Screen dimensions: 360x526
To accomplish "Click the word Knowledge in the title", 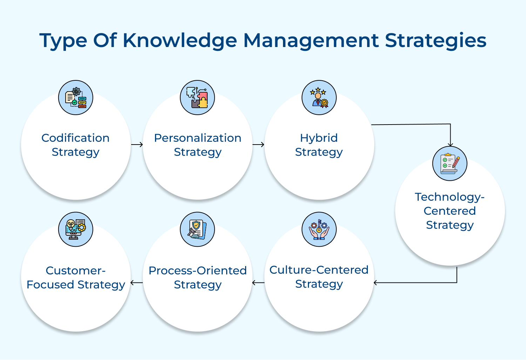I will point(180,40).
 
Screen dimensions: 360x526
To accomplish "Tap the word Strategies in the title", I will point(436,40).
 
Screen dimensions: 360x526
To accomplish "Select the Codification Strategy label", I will point(75,145).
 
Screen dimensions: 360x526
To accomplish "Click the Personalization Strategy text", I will point(198,145).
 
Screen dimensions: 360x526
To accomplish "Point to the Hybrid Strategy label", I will point(319,145).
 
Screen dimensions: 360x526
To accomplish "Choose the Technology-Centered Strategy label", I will point(450,211).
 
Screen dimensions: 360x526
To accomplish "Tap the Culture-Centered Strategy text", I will point(319,277).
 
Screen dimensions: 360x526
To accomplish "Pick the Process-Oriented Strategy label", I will point(198,277).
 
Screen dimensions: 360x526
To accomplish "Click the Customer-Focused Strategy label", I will point(76,277).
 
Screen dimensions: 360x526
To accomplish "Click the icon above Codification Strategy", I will point(76,98).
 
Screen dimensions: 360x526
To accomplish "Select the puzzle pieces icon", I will point(197,98).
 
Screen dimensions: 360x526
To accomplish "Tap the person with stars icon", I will point(319,98).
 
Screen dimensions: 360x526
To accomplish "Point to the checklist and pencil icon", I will point(450,164).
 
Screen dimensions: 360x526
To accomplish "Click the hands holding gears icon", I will point(319,229).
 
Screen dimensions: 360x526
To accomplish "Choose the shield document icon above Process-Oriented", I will point(197,229).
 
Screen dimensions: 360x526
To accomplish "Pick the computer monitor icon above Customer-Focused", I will point(76,229).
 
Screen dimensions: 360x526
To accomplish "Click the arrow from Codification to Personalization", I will point(137,145).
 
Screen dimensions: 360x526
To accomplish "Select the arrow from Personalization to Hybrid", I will point(258,145).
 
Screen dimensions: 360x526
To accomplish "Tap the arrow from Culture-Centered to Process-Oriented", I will point(258,282).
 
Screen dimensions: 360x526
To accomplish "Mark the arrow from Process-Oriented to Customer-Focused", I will point(137,282).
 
